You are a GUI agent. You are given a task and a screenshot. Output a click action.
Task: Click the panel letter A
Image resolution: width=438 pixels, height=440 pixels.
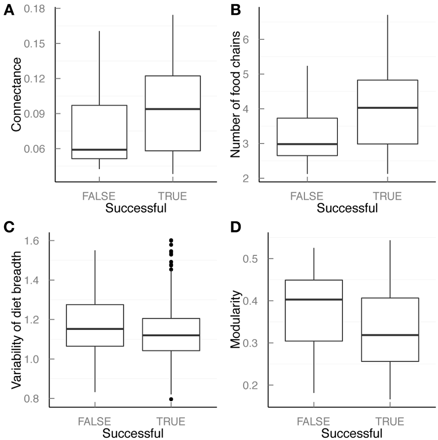pyautogui.click(x=8, y=9)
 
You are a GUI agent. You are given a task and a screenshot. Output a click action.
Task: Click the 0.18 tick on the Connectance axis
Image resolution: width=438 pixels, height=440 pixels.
pyautogui.click(x=39, y=8)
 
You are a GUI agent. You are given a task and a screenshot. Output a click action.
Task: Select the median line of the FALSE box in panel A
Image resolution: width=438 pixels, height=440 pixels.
pyautogui.click(x=99, y=150)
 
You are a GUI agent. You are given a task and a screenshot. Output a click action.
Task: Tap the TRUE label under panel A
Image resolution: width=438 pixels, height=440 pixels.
pyautogui.click(x=172, y=196)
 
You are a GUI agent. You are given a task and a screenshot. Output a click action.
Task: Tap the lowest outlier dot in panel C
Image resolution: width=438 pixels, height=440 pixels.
pyautogui.click(x=171, y=399)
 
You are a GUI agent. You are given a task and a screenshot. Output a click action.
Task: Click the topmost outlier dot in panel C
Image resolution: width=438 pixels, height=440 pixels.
pyautogui.click(x=171, y=240)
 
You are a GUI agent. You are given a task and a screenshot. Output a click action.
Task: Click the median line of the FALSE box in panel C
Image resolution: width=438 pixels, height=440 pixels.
pyautogui.click(x=95, y=329)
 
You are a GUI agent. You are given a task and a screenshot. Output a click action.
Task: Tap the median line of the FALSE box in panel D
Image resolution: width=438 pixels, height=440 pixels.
pyautogui.click(x=313, y=300)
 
